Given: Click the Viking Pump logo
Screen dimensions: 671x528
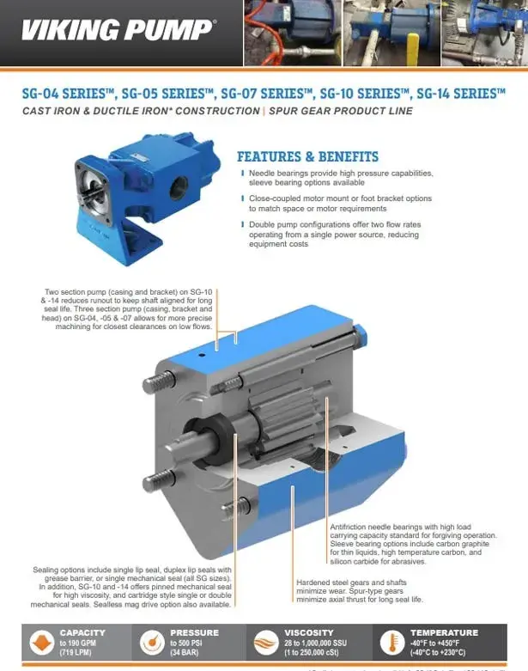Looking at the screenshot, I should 118,31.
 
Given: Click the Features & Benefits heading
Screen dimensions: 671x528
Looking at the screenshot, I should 306,156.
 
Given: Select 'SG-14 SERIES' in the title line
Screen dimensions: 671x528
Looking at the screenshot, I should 460,94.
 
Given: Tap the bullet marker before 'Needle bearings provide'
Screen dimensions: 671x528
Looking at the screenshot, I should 243,173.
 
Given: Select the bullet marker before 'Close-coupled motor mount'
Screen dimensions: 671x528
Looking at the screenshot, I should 243,198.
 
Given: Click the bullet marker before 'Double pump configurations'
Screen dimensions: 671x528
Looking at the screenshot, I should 243,223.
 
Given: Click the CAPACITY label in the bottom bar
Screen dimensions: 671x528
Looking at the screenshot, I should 82,632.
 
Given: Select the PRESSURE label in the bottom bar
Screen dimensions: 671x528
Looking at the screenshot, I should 194,632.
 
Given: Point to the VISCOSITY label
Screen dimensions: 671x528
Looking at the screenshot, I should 309,632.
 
